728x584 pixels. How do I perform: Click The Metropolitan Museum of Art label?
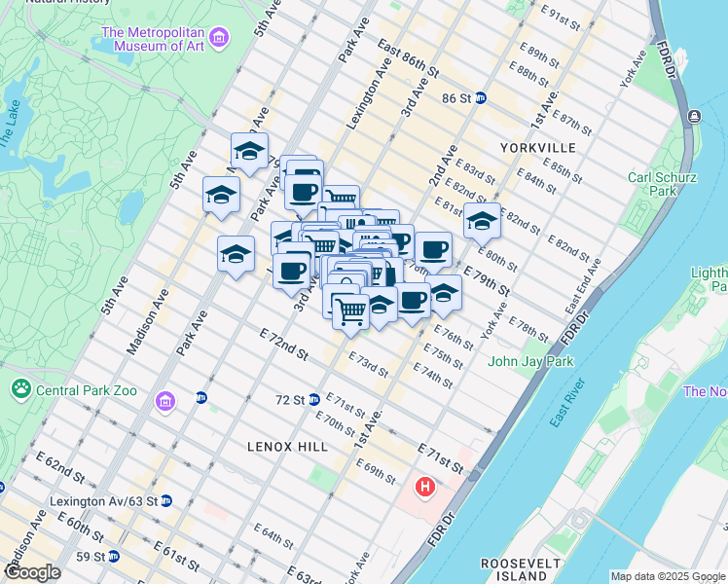[x=153, y=38]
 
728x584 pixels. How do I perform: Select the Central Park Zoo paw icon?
[x=20, y=389]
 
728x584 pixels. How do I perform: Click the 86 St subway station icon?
[x=481, y=98]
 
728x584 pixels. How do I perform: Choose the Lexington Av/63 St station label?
[x=102, y=501]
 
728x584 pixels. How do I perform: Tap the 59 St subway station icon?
[x=114, y=557]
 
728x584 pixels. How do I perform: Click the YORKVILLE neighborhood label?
[x=537, y=148]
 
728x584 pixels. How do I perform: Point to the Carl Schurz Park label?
[x=652, y=185]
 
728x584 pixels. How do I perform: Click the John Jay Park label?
[x=530, y=362]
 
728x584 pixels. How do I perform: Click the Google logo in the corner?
[x=32, y=572]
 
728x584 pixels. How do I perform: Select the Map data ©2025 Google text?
[x=667, y=576]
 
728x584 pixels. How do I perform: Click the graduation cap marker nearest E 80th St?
[x=481, y=223]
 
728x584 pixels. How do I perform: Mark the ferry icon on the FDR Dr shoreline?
[x=693, y=117]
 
